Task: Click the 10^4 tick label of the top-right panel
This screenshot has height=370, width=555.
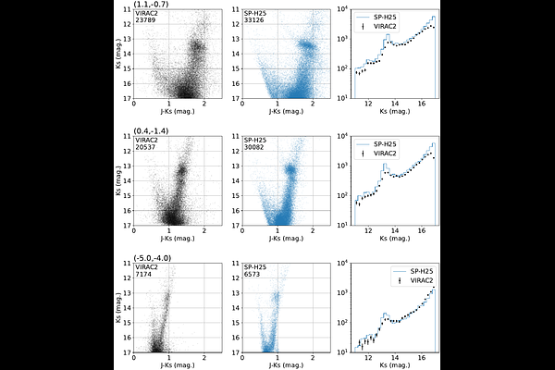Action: (339, 9)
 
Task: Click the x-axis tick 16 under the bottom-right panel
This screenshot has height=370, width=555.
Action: (420, 359)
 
